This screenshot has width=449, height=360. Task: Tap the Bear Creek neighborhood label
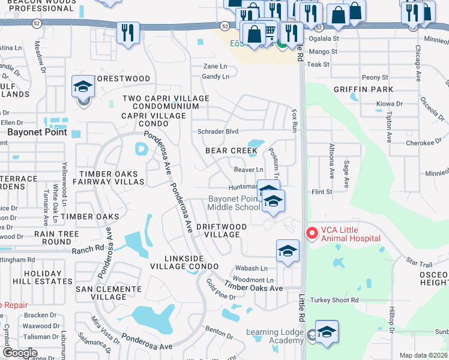coord(231,151)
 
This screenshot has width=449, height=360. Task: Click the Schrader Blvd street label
coord(218,132)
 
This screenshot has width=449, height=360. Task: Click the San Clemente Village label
coord(101,293)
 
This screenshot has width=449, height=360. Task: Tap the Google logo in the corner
coord(20,352)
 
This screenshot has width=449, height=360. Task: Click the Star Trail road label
coord(419,263)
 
